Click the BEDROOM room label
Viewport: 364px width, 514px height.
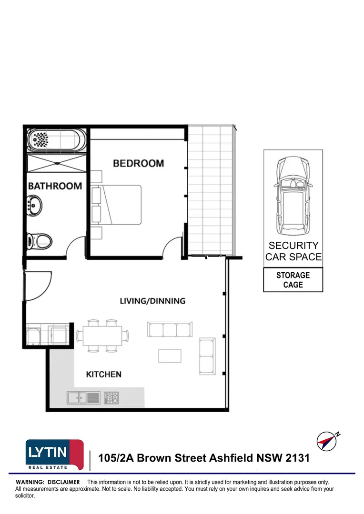tap(138, 163)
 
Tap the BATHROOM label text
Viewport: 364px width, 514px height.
tap(55, 186)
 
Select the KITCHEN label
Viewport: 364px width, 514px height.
tap(103, 374)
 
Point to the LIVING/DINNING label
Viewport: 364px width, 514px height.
tap(152, 301)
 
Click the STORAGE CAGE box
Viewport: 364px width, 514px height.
tap(293, 280)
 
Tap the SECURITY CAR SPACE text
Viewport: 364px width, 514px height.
tap(293, 251)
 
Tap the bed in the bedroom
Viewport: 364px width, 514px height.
tap(121, 205)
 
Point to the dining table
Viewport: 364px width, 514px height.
tap(102, 336)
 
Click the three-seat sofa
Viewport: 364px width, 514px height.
tap(170, 329)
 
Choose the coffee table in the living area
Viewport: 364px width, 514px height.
tap(170, 356)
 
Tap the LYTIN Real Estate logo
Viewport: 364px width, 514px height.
tap(54, 454)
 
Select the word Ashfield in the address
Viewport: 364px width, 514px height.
tap(232, 458)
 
